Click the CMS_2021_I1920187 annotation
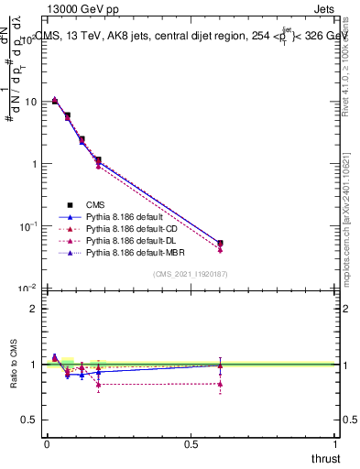pyautogui.click(x=190, y=273)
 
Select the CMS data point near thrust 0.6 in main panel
pyautogui.click(x=220, y=244)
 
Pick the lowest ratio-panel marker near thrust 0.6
pyautogui.click(x=220, y=384)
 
